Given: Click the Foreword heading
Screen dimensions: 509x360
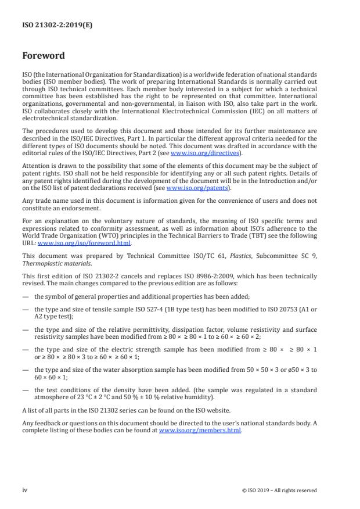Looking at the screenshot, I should point(44,56).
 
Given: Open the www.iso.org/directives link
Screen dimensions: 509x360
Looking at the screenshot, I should point(197,153).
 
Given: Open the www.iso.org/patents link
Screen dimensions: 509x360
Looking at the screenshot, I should point(189,188).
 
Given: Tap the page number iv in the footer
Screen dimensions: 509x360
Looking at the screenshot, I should point(25,490).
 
